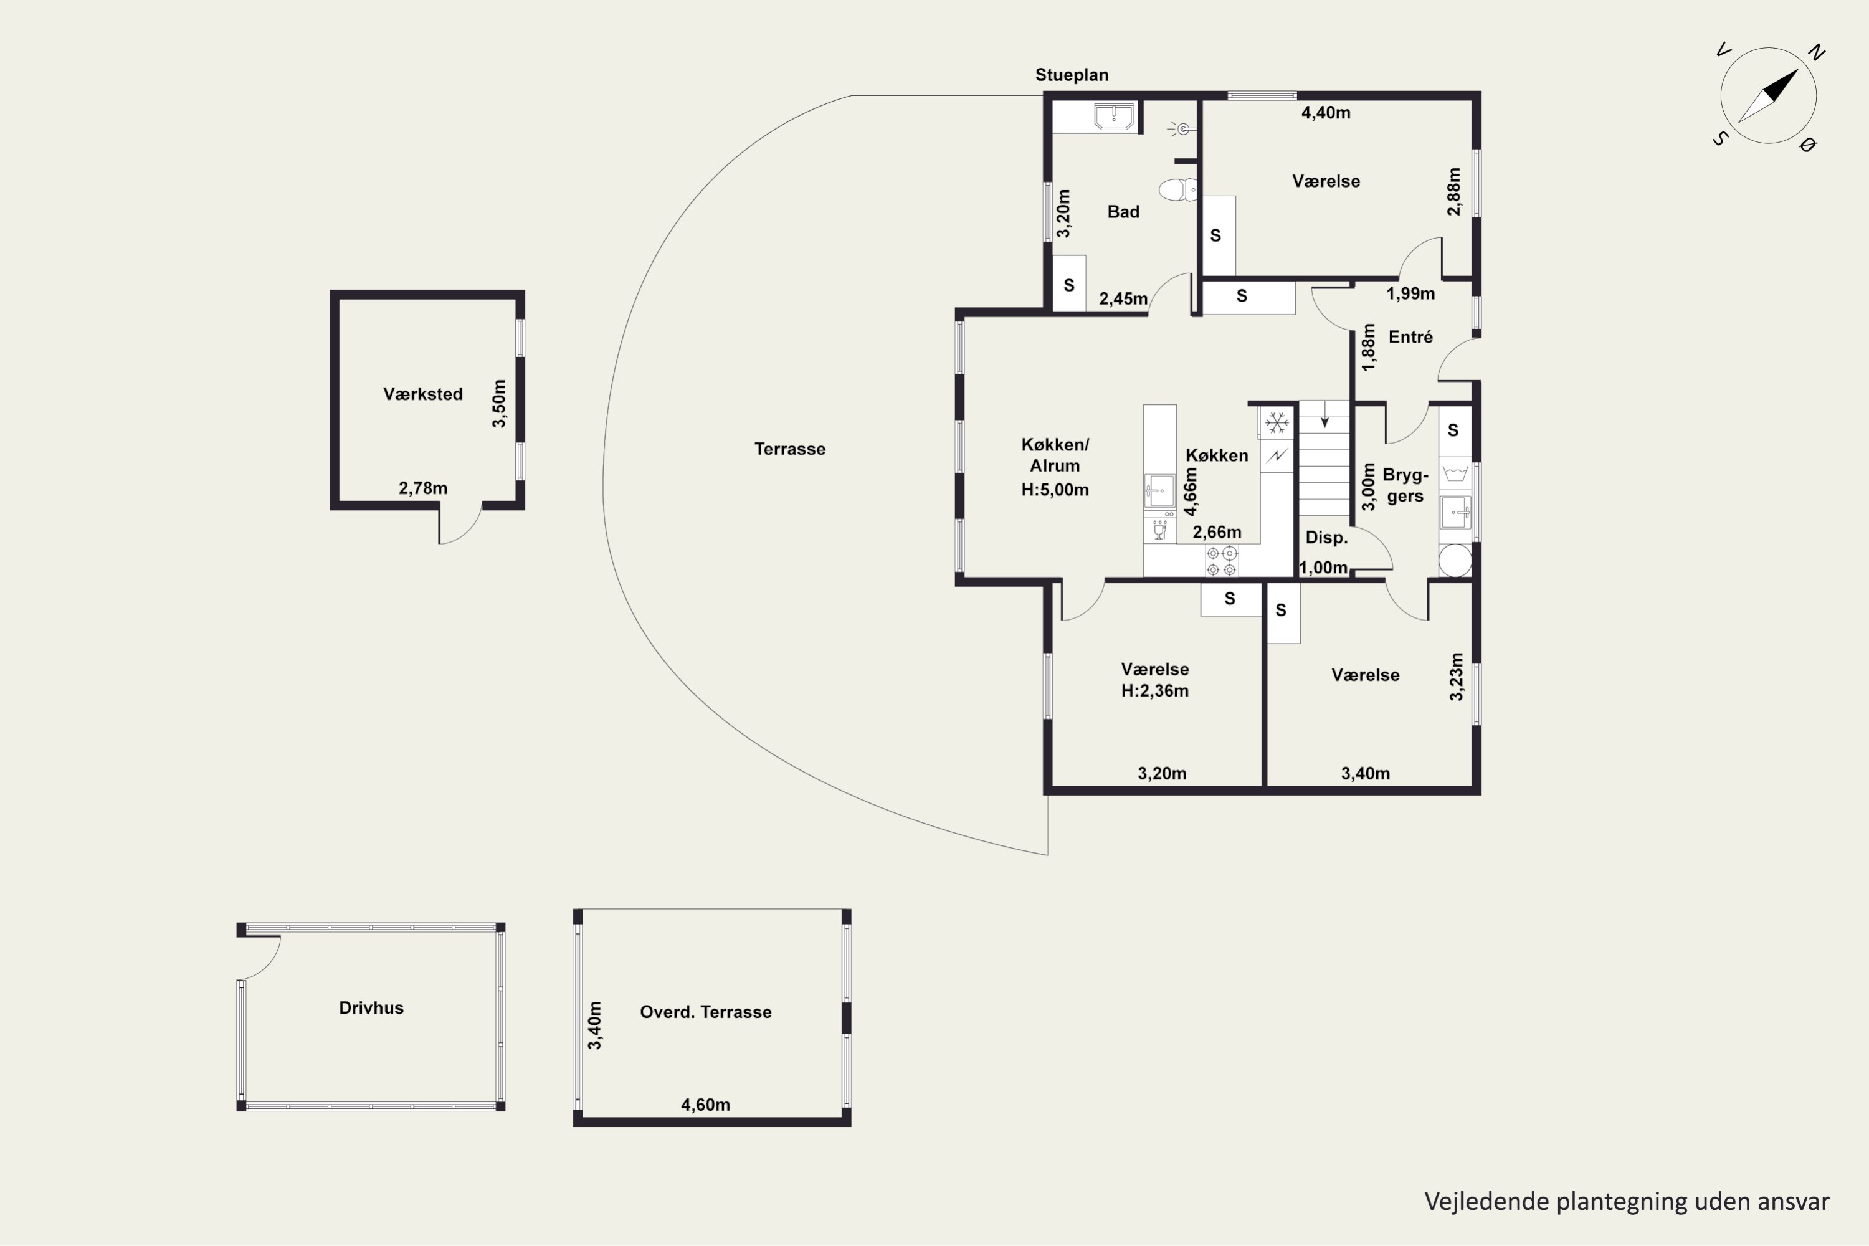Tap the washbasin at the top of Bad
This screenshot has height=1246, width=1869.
coord(1114,116)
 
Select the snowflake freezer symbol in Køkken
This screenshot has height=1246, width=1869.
coord(1277,423)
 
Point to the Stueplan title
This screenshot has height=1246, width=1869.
coord(1071,75)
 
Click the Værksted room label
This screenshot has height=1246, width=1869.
coord(423,394)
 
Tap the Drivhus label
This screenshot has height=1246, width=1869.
coord(371,1007)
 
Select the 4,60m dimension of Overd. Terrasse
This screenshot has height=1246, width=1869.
coord(706,1105)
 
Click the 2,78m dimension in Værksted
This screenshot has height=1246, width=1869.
coord(423,488)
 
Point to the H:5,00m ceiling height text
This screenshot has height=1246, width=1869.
coord(1055,490)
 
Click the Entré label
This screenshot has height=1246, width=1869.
coord(1410,337)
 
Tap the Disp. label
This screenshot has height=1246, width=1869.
coord(1326,537)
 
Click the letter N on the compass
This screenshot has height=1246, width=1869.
coord(1816,52)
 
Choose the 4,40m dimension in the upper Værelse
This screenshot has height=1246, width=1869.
coord(1326,113)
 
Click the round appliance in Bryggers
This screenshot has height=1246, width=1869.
coord(1455,560)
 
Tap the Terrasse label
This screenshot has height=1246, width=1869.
coord(790,449)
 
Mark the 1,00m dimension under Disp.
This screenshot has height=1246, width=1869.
coord(1323,568)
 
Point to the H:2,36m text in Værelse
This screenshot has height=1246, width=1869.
coord(1154,690)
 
